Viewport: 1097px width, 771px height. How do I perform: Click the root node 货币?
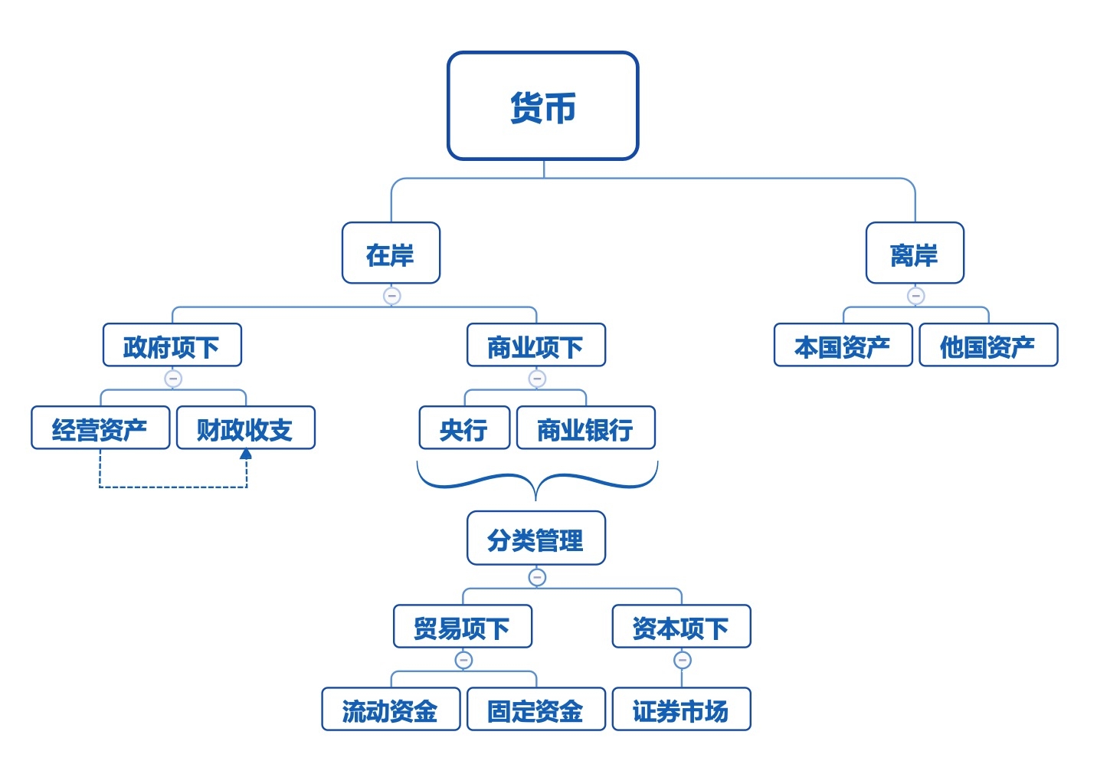coord(542,106)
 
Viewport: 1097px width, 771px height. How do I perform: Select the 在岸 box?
coord(391,254)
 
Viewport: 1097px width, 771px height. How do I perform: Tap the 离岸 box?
coord(915,254)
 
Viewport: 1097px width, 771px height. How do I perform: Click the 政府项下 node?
coord(172,346)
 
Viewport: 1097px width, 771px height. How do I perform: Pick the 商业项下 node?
coord(536,346)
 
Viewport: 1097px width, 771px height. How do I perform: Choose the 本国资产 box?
coord(843,346)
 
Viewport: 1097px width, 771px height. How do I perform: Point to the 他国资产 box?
coord(988,346)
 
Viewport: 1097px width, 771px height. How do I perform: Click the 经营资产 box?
coord(100,428)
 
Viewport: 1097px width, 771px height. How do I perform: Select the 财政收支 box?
coord(246,428)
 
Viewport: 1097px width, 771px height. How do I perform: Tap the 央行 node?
coord(464,428)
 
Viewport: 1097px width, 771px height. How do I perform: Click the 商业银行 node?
coord(586,428)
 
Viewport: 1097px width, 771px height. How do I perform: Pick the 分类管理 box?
coord(536,539)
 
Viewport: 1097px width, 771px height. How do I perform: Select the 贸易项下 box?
coord(463,627)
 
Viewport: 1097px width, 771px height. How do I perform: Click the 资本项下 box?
coord(681,627)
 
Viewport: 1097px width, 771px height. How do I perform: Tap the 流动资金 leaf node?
coord(391,710)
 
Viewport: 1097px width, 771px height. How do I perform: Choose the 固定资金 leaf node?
coord(536,710)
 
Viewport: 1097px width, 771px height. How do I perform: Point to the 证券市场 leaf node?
coord(681,710)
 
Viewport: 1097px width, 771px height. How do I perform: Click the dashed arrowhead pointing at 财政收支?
coord(246,454)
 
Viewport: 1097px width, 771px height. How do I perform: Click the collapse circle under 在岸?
coord(391,296)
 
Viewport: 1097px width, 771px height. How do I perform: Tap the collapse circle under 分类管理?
coord(537,577)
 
